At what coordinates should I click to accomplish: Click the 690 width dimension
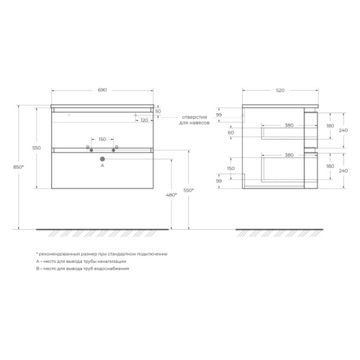(102, 90)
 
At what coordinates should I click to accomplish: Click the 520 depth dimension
(280, 91)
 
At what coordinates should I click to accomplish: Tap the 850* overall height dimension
(19, 167)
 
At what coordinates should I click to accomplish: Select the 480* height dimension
(171, 195)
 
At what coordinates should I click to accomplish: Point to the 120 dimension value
(144, 120)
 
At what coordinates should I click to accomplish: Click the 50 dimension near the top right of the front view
(158, 112)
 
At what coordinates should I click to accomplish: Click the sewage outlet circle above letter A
(102, 159)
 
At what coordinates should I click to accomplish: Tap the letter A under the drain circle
(102, 166)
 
